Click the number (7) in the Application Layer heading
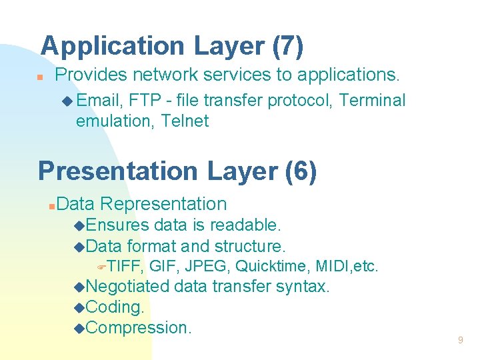coord(288,46)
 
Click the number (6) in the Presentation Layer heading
coord(301,171)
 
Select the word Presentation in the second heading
coord(118,171)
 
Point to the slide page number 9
coord(460,341)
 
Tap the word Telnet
coord(185,121)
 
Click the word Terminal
coord(372,101)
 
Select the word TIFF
coord(126,267)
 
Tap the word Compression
coord(139,328)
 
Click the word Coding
coord(115,307)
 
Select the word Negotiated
coord(128,287)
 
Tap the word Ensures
coord(117,225)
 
